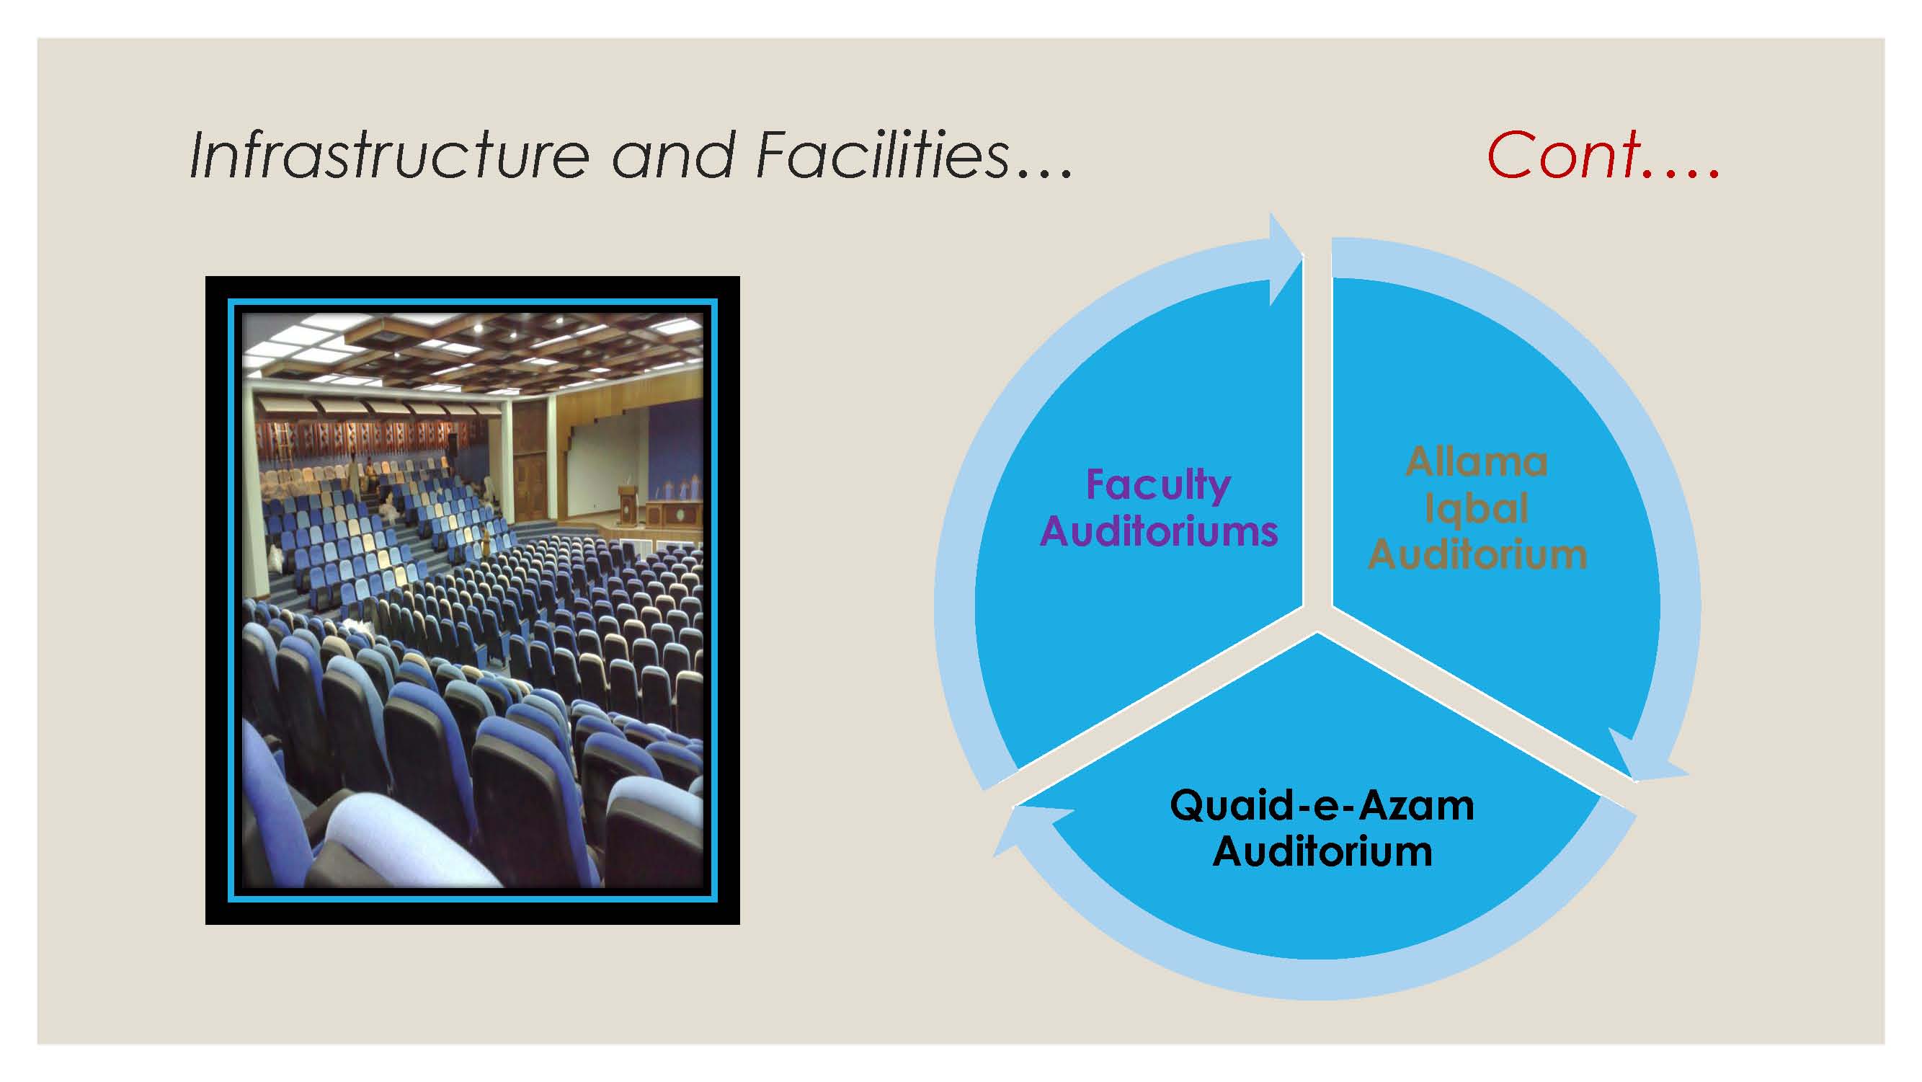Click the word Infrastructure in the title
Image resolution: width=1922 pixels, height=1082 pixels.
(x=389, y=155)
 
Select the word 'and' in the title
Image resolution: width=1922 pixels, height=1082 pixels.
(x=673, y=155)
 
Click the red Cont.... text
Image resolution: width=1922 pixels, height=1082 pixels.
(x=1603, y=154)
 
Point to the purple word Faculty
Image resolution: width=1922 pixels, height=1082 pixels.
(x=1159, y=486)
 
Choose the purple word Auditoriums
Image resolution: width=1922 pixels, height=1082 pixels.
(x=1159, y=531)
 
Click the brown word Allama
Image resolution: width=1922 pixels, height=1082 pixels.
(x=1477, y=462)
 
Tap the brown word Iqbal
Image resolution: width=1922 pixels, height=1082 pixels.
(x=1477, y=510)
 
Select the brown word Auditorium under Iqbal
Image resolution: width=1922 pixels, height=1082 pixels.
(x=1477, y=555)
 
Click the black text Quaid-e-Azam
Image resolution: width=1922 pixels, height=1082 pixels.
(x=1322, y=806)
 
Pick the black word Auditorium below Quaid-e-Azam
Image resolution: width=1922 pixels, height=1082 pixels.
(x=1322, y=851)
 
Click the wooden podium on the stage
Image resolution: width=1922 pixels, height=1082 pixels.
(x=628, y=507)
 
